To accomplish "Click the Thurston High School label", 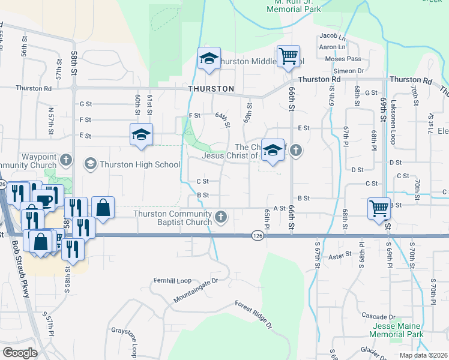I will click(139, 164).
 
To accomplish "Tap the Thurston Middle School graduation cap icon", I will click(209, 59).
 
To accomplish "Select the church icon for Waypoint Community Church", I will click(67, 160).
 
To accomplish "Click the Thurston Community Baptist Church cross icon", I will click(221, 217).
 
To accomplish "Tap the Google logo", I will click(20, 352).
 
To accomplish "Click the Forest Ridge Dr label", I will click(253, 314).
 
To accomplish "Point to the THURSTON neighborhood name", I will click(211, 89).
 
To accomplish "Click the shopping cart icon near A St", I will click(379, 209).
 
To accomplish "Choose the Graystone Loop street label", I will click(125, 340).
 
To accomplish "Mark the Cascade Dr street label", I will click(378, 316).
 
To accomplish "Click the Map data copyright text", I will click(423, 355).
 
